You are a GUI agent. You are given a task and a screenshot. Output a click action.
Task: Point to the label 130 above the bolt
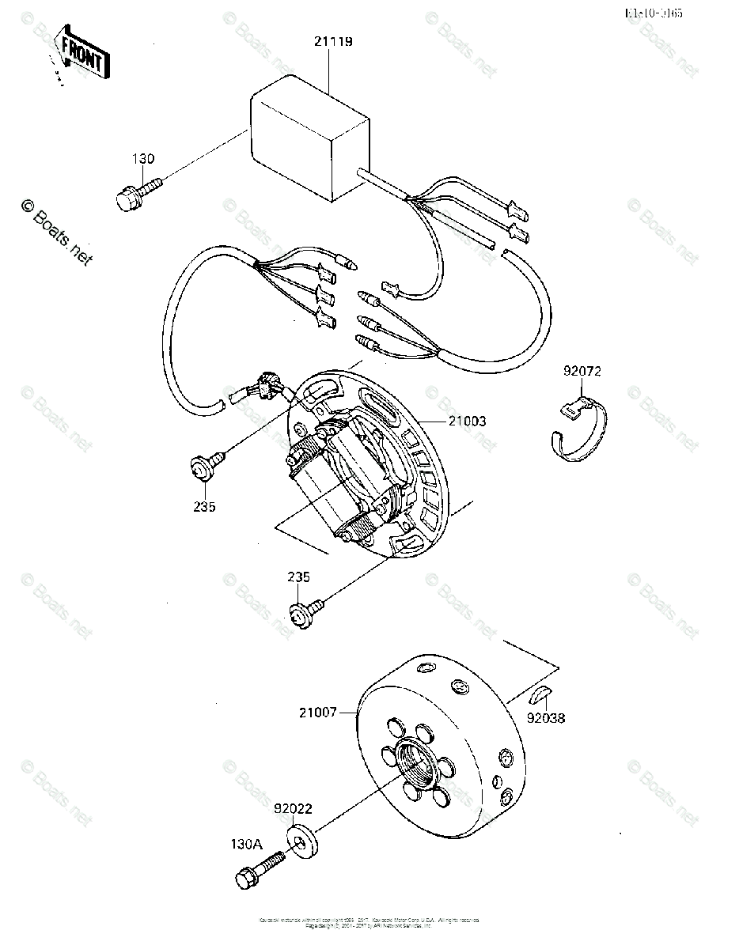pyautogui.click(x=143, y=159)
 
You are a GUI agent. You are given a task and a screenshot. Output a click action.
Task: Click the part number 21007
pyautogui.click(x=317, y=713)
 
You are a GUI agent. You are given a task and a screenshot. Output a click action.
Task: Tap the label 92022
pyautogui.click(x=293, y=810)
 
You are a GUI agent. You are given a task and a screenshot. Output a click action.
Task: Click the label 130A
pyautogui.click(x=246, y=844)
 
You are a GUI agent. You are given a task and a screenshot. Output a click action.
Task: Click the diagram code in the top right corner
pyautogui.click(x=654, y=13)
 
